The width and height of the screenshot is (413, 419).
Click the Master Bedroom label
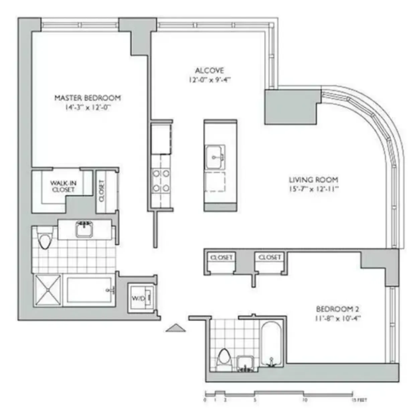tap(87, 98)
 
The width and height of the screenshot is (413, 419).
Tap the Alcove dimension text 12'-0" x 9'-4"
tap(210, 80)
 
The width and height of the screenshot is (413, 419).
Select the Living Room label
tap(313, 180)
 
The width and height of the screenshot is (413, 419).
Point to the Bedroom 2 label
tap(337, 309)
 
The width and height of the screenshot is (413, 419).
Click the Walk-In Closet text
tap(63, 186)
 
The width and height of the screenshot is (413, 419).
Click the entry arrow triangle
tap(176, 328)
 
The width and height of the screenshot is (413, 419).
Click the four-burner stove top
tap(161, 181)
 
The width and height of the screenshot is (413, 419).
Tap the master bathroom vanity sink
tap(84, 230)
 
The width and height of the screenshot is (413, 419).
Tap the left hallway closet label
tap(221, 258)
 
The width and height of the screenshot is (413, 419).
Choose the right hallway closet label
tap(269, 257)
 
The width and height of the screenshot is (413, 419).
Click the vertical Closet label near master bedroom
tap(102, 191)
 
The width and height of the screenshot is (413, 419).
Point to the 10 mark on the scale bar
tap(305, 400)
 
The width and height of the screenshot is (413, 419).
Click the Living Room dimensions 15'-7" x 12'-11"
tap(314, 189)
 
